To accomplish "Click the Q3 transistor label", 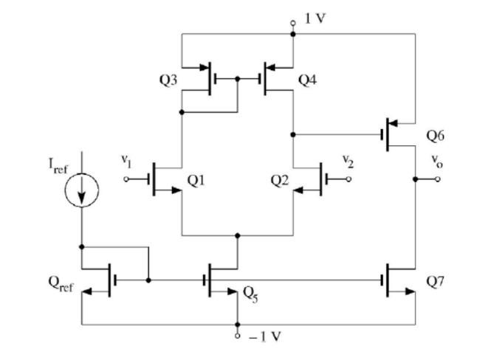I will pyautogui.click(x=168, y=80).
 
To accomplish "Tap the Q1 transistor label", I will pyautogui.click(x=196, y=181).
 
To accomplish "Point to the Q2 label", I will pyautogui.click(x=280, y=181).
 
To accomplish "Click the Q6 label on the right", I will pyautogui.click(x=436, y=136).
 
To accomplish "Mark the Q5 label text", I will pyautogui.click(x=252, y=290).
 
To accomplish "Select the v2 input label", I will pyautogui.click(x=348, y=160).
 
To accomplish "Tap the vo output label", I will pyautogui.click(x=438, y=162).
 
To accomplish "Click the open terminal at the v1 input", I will pyautogui.click(x=126, y=179).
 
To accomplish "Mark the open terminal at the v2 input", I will pyautogui.click(x=349, y=179).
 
